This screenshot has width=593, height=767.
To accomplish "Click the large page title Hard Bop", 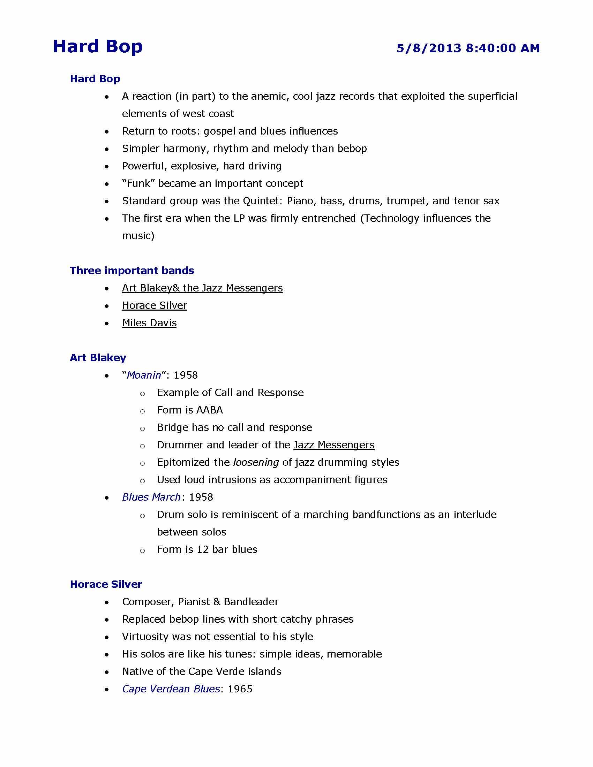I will point(98,47).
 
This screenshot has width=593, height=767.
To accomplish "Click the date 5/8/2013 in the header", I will point(429,48).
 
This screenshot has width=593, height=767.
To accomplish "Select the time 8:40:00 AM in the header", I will point(503,48).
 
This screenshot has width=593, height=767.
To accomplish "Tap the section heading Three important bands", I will point(132,271).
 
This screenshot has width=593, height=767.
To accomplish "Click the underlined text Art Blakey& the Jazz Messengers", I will point(202,288).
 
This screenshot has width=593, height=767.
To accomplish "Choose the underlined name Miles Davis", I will point(149,323).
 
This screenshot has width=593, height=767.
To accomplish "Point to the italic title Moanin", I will point(144,375).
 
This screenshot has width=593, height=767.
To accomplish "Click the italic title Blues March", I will point(151,497).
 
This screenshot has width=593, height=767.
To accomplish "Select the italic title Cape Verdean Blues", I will point(171,689).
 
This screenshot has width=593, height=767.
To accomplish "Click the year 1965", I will point(240,689).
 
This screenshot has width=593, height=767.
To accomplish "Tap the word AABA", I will point(209,410).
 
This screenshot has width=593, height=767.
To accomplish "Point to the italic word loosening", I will point(256,462).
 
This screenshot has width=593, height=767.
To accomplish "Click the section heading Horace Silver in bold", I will point(106,584).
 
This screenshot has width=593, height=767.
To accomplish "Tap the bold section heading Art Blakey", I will point(98,357).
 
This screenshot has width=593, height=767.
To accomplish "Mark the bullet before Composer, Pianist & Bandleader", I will point(107,602).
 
